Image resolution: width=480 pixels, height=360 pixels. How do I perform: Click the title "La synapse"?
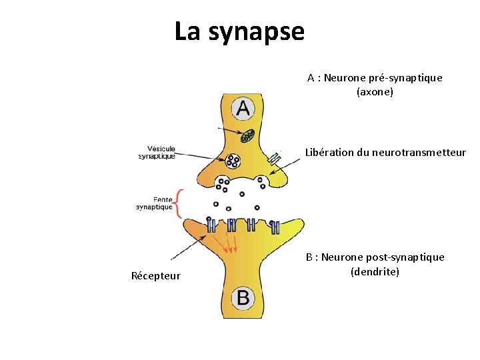(239, 31)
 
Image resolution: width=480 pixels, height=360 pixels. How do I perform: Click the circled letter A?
(243, 108)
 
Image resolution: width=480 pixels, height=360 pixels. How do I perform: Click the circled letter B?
(243, 297)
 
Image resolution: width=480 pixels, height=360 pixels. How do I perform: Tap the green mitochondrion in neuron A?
(248, 136)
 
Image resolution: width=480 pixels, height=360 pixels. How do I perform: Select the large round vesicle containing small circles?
(233, 160)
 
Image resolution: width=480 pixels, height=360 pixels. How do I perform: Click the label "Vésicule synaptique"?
(157, 152)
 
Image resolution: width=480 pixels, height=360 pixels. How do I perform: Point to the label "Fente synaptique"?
(154, 203)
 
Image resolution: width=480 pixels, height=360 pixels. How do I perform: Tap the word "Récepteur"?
(156, 276)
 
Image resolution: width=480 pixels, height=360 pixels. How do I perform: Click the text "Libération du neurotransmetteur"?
(385, 152)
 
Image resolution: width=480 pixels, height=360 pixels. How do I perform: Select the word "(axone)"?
(375, 91)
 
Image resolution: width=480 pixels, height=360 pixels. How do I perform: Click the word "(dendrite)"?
(375, 271)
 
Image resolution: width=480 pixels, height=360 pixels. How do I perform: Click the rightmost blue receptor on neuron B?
(275, 227)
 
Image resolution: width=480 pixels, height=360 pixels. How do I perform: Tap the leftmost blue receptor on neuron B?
(211, 225)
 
